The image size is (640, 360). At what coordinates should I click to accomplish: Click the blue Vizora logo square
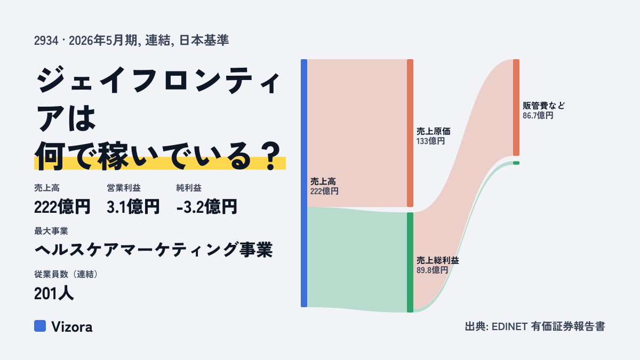40,326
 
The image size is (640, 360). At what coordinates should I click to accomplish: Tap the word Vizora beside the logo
72,327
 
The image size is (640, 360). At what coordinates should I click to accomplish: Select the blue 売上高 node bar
304,183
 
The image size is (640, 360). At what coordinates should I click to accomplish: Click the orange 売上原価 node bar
410,133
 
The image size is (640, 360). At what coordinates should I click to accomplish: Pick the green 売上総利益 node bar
410,262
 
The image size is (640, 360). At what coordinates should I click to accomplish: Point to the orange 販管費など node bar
516,107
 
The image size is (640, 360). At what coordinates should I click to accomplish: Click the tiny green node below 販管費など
516,163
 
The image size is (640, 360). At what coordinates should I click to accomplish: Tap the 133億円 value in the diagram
430,141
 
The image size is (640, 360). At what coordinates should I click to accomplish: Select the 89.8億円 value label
432,270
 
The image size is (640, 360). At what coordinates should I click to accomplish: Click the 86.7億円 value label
538,115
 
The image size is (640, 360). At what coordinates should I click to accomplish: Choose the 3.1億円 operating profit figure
133,206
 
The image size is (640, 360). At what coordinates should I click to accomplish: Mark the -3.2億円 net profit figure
206,206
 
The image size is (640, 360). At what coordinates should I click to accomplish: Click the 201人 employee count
54,293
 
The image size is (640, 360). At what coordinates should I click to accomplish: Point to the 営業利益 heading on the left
124,188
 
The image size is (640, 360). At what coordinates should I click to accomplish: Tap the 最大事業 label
51,231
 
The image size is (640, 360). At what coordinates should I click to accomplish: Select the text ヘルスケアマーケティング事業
154,250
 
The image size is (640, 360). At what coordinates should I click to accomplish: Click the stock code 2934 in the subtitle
46,41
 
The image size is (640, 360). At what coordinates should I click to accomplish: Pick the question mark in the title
271,156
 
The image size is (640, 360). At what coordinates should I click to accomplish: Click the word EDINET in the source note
509,326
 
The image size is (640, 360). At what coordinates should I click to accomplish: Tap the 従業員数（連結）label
66,274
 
